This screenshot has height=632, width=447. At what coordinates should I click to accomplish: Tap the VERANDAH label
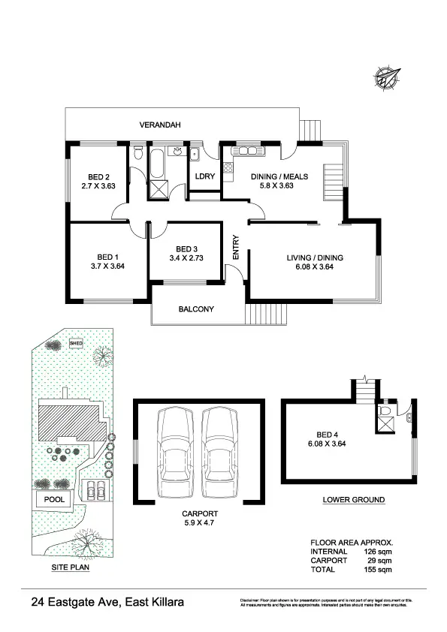point(161,125)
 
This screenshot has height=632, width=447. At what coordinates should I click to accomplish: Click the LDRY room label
point(204,176)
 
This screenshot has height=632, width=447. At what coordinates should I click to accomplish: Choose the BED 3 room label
point(187,249)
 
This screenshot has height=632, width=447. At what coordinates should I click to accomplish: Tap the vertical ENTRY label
point(236,248)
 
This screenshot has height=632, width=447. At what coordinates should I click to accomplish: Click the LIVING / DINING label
point(314,257)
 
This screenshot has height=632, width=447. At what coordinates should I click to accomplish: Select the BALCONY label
point(196,309)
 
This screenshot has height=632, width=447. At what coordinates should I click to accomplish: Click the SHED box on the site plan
point(76,344)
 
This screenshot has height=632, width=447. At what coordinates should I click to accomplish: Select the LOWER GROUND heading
point(353,500)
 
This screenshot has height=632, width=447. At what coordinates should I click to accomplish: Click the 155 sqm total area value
point(379,570)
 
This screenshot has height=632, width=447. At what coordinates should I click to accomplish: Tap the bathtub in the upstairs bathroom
point(159,164)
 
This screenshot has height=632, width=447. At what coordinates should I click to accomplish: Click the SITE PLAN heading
point(70,567)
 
